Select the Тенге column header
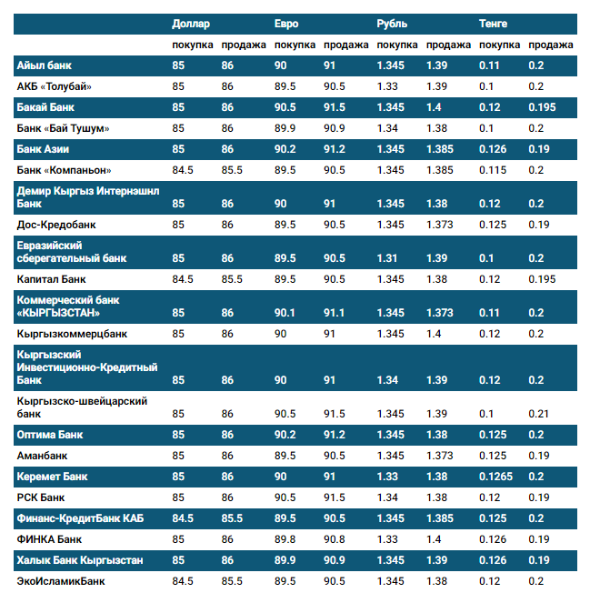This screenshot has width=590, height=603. point(494,23)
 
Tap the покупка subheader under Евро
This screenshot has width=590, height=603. point(295,45)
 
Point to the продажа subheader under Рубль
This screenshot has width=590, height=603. point(448,45)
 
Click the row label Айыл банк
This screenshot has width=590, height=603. point(45,65)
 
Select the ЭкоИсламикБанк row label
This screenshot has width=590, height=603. point(61,579)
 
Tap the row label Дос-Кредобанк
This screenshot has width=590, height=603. point(56,223)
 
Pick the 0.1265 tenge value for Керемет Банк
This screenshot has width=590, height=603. point(496,476)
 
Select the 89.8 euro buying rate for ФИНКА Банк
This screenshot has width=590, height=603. point(286,539)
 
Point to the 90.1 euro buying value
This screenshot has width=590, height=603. point(285,313)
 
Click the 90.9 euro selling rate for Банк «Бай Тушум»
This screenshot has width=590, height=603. point(335,128)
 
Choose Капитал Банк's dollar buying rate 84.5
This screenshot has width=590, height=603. point(183,278)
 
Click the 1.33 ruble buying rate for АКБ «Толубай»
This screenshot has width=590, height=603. point(387,86)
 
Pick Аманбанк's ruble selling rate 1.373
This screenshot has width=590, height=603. point(440,455)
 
